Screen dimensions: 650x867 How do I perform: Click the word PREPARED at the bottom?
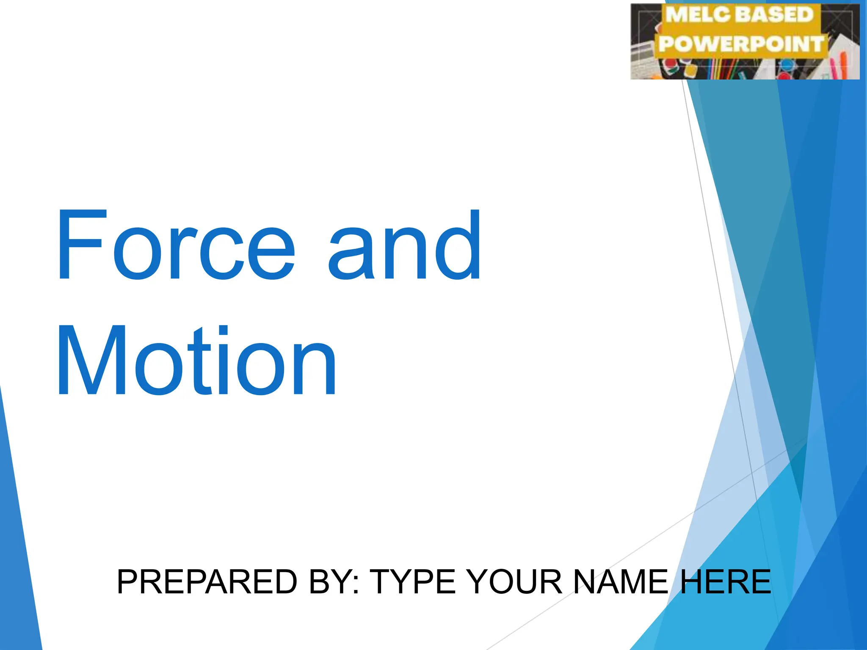(207, 582)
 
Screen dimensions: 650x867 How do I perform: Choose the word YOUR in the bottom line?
(515, 582)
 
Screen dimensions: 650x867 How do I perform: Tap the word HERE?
(725, 582)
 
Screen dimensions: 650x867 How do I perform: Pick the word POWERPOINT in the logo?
(741, 44)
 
